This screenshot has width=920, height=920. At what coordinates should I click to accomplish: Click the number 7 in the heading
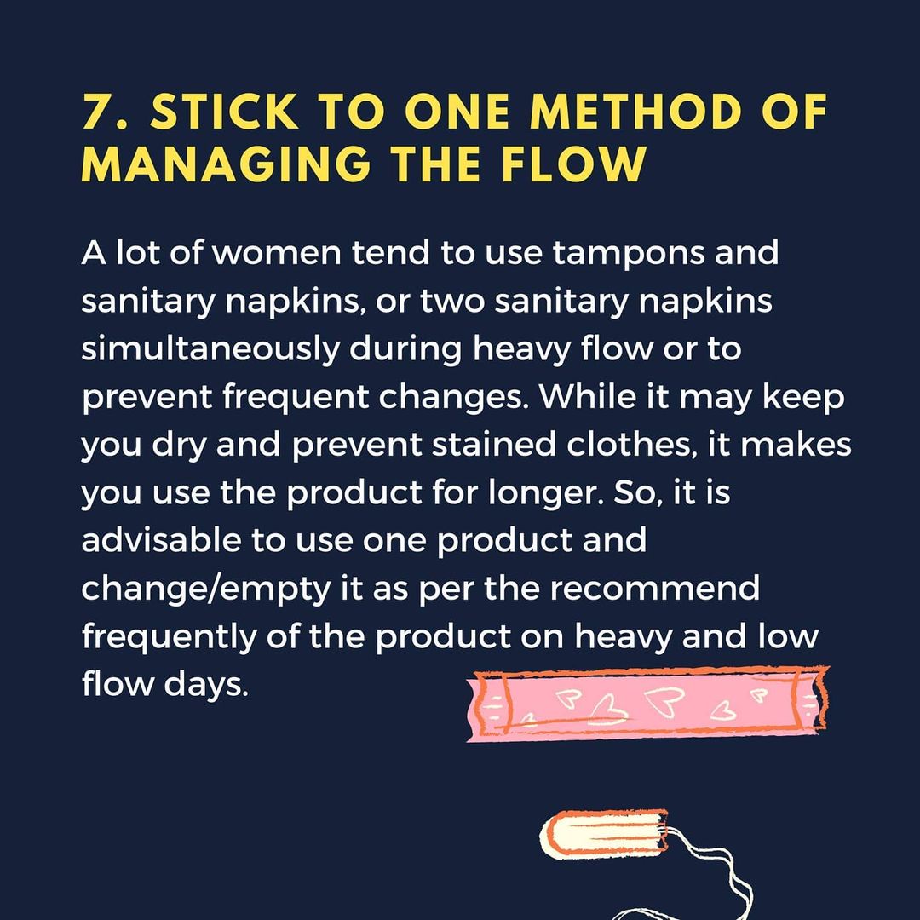tap(94, 112)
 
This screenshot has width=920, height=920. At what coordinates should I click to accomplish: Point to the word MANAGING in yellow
tap(226, 163)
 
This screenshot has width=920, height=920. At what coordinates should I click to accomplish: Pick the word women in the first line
tap(276, 254)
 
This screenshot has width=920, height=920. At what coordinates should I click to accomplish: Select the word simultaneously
tap(210, 350)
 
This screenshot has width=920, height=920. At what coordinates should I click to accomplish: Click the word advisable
tap(161, 540)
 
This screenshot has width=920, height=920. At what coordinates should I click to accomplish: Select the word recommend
tap(654, 589)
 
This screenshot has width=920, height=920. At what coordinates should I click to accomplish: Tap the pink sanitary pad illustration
tap(647, 703)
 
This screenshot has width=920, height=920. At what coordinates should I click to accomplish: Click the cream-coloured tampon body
tap(604, 834)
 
